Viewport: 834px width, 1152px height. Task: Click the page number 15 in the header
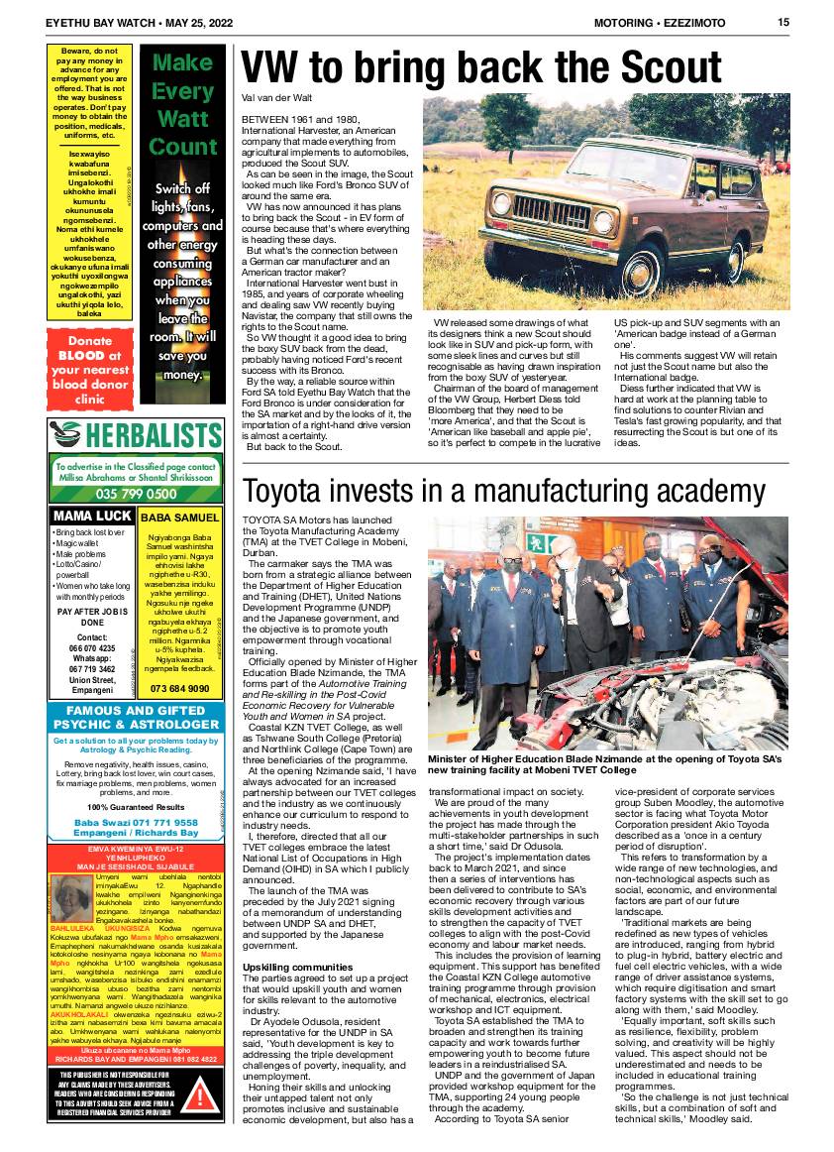pos(782,23)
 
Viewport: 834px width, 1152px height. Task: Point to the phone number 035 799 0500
pos(135,493)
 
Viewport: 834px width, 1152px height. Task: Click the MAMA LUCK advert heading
pos(92,518)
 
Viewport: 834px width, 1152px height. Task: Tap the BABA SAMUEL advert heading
pos(180,518)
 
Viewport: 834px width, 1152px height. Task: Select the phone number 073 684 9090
pos(180,688)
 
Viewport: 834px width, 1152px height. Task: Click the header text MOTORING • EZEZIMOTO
pos(659,23)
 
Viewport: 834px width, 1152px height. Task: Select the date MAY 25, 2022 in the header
pos(175,23)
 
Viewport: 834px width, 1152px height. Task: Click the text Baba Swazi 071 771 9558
pos(135,823)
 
